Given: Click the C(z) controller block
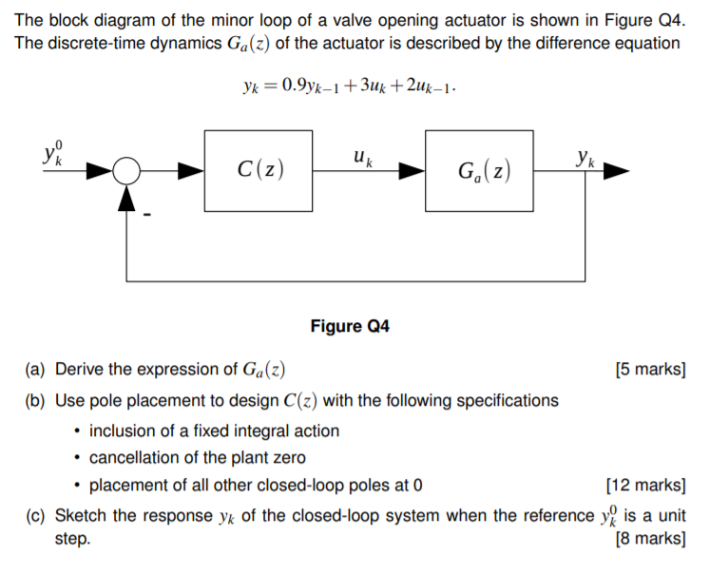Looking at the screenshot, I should coord(259,170).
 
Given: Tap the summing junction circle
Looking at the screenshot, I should coord(125,171).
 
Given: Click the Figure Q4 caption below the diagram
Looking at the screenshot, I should coord(350,327).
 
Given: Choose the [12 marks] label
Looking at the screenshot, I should coord(645,486).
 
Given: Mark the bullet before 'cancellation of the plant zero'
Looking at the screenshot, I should coord(78,458).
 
